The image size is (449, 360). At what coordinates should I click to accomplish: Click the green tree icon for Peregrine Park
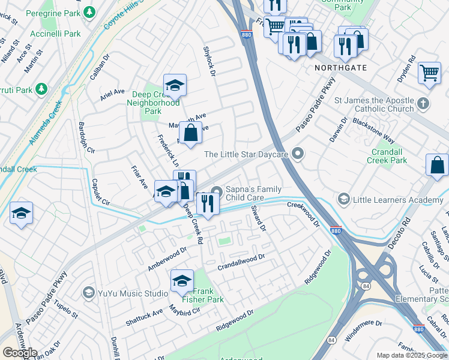pyautogui.click(x=89, y=12)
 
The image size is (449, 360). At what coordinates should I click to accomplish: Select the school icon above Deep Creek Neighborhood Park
pyautogui.click(x=175, y=85)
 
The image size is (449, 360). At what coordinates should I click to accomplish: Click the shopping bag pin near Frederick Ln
pyautogui.click(x=191, y=133)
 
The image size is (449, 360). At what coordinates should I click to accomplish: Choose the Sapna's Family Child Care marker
pyautogui.click(x=216, y=192)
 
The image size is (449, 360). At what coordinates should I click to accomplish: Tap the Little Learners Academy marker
pyautogui.click(x=344, y=199)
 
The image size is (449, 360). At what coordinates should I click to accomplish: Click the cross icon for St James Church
pyautogui.click(x=424, y=103)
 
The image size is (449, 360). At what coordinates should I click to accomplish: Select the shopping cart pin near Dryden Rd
pyautogui.click(x=429, y=73)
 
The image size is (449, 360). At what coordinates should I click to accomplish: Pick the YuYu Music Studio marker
pyautogui.click(x=89, y=293)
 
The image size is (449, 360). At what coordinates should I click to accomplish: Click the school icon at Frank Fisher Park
pyautogui.click(x=182, y=280)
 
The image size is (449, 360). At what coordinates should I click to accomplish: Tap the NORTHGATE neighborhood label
pyautogui.click(x=340, y=68)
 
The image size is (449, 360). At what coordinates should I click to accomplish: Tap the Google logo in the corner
pyautogui.click(x=19, y=353)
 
